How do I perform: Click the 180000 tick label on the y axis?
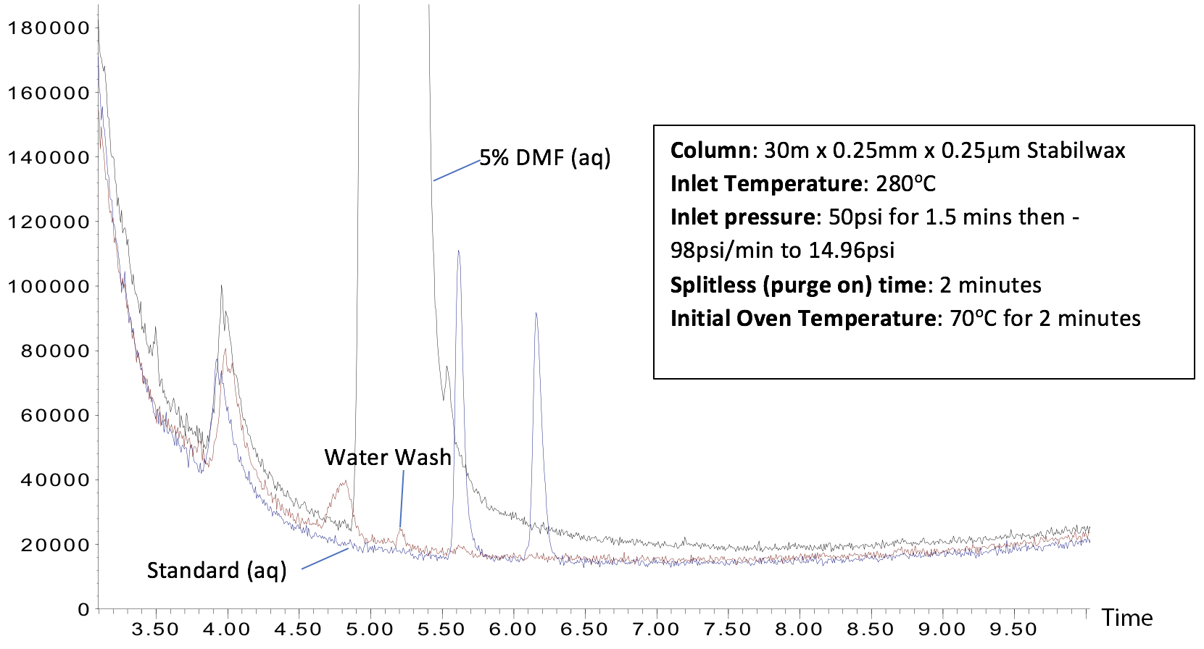pos(48,28)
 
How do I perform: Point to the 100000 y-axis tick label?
pos(48,287)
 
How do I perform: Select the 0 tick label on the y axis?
pos(83,610)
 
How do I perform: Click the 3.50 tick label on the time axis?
pos(156,629)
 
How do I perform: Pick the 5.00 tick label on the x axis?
pos(370,629)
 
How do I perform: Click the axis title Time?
pos(1127,618)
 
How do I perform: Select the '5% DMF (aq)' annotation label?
pos(545,157)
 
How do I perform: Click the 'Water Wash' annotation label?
pos(388,457)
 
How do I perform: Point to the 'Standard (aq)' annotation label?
pos(217,570)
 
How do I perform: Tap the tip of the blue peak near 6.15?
pos(536,313)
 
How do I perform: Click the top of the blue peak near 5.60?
pos(458,251)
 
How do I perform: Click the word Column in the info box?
pos(710,151)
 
